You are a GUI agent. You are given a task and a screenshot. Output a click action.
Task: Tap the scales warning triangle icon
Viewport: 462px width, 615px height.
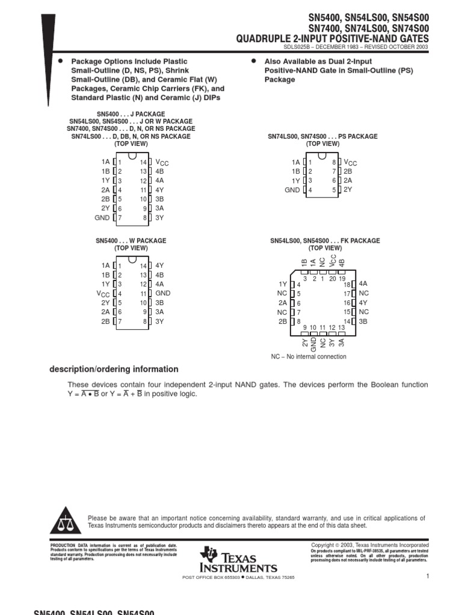pyautogui.click(x=64, y=521)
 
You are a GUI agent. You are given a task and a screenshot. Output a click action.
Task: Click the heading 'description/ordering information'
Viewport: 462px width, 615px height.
pyautogui.click(x=114, y=369)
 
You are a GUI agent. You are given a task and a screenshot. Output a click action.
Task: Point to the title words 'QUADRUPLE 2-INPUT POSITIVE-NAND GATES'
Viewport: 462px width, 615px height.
pyautogui.click(x=332, y=39)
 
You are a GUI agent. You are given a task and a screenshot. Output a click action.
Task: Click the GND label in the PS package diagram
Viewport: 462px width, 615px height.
pyautogui.click(x=292, y=190)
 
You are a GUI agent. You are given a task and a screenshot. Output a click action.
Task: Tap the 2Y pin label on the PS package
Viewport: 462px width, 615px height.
pyautogui.click(x=348, y=190)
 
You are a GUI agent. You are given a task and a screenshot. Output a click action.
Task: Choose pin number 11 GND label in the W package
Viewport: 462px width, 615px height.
pyautogui.click(x=162, y=294)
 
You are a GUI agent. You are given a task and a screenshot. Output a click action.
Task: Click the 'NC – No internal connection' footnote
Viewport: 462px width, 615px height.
pyautogui.click(x=309, y=357)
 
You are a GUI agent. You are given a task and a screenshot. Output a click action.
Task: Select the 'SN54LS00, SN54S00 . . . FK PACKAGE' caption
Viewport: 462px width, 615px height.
pyautogui.click(x=325, y=241)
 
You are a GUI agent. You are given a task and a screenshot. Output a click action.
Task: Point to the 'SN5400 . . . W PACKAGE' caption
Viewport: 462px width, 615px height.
pyautogui.click(x=131, y=241)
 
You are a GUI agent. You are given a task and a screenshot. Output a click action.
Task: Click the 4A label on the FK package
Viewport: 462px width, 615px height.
pyautogui.click(x=363, y=283)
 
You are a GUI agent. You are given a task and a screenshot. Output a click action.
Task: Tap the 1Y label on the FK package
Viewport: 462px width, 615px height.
pyautogui.click(x=283, y=284)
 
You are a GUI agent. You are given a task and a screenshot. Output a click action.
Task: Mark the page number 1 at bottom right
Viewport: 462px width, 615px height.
pyautogui.click(x=427, y=577)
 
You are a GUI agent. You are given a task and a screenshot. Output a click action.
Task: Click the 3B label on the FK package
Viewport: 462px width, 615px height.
pyautogui.click(x=363, y=321)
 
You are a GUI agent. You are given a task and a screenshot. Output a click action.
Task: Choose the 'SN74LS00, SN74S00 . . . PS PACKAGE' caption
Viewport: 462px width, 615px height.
pyautogui.click(x=322, y=137)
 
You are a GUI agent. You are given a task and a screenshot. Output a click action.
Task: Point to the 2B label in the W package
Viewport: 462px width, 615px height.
pyautogui.click(x=106, y=321)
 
